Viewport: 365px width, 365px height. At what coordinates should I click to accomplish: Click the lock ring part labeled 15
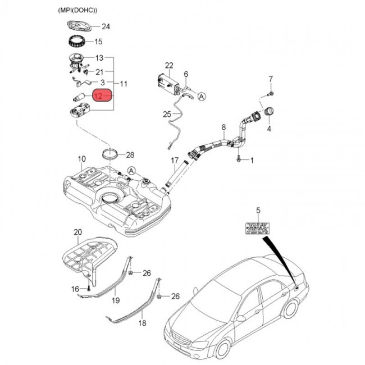click(75, 42)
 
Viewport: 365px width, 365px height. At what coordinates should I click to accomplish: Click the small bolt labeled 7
click(271, 92)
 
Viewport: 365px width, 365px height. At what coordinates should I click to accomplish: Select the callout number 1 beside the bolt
click(252, 161)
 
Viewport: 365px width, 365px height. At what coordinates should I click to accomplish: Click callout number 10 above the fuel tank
click(82, 159)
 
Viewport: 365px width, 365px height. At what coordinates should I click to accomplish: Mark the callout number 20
click(77, 231)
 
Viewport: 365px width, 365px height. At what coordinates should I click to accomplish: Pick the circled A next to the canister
click(202, 96)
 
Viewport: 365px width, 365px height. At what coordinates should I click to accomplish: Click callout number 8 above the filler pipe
click(223, 127)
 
